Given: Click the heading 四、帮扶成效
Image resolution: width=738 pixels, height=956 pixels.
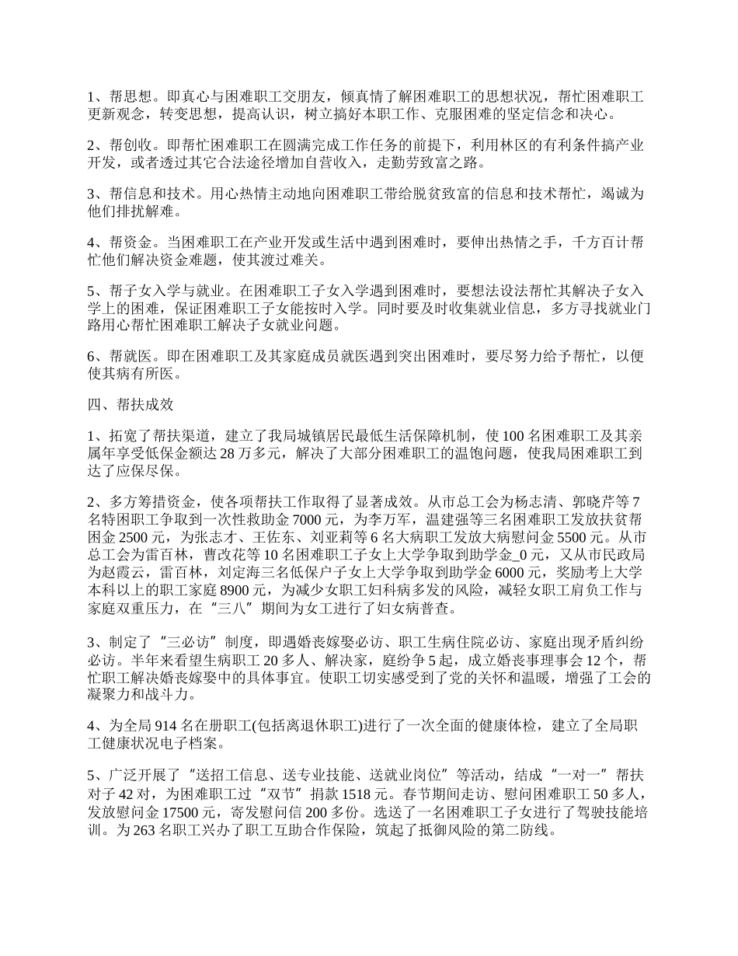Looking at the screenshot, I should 129,404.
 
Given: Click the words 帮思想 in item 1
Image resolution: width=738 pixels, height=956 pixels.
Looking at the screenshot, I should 127,97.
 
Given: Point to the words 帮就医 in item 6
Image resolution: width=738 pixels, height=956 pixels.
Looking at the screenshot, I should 127,356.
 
